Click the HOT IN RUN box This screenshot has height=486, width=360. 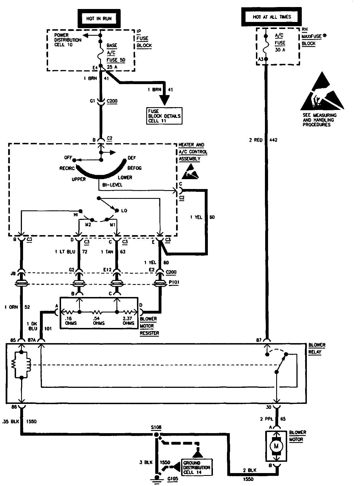[99, 19]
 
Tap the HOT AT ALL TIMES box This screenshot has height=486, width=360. [272, 17]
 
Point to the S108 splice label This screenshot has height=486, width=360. [156, 427]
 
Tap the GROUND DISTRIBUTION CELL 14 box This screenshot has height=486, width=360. [197, 467]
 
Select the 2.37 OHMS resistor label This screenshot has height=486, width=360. [128, 321]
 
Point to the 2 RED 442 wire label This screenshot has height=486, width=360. [263, 140]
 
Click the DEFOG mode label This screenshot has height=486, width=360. [134, 168]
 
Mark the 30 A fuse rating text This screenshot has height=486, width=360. [280, 50]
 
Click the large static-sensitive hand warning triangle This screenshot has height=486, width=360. [322, 93]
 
